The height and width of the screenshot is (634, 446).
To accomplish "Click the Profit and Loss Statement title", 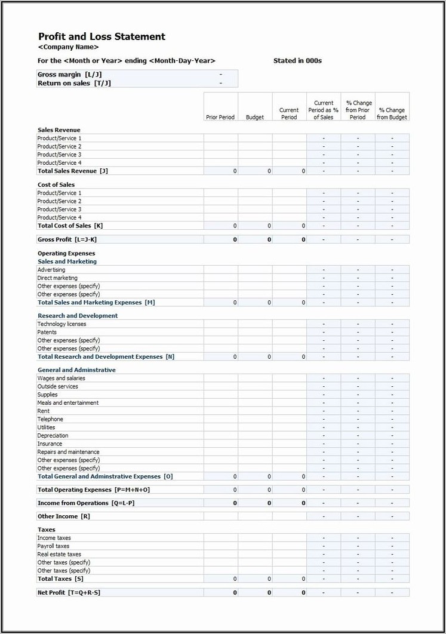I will tap(101, 37).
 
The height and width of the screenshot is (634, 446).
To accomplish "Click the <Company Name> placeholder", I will tap(68, 47).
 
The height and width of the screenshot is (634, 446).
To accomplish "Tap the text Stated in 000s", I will tap(297, 61).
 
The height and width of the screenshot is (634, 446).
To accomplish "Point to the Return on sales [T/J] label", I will tap(74, 83).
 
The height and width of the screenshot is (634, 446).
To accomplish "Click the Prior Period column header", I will tap(220, 117).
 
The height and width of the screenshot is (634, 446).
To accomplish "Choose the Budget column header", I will tap(255, 117).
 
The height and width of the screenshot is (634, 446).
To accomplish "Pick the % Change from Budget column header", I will tap(392, 113).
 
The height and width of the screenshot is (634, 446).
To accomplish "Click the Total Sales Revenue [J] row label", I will tap(72, 171).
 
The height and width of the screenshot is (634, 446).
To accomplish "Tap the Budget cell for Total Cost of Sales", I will tap(255, 226).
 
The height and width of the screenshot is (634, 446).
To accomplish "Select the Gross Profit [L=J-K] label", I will tap(67, 239).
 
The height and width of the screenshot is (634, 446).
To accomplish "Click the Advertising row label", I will tap(51, 270).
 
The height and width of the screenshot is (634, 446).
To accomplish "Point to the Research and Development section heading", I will tap(78, 316).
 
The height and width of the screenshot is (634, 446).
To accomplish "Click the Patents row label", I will tap(47, 332).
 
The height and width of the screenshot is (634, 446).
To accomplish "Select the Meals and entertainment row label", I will tap(68, 403).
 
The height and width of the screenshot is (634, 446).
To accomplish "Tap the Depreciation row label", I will tap(53, 436).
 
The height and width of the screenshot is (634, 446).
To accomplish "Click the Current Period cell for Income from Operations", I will tap(290, 503).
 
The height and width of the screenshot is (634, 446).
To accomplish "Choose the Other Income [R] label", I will tap(64, 516).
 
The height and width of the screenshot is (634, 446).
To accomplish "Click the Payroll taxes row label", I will tap(53, 546).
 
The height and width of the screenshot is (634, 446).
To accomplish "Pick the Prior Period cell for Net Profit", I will tap(220, 592).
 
